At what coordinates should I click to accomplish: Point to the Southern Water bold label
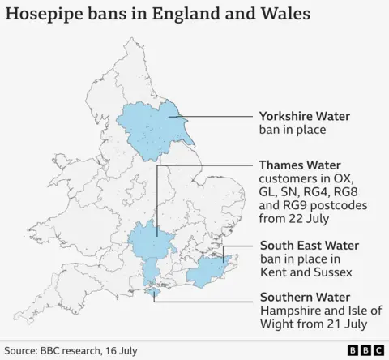pyautogui.click(x=298, y=297)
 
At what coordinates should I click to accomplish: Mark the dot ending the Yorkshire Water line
pyautogui.click(x=172, y=116)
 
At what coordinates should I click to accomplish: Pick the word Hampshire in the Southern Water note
pyautogui.click(x=289, y=311)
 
